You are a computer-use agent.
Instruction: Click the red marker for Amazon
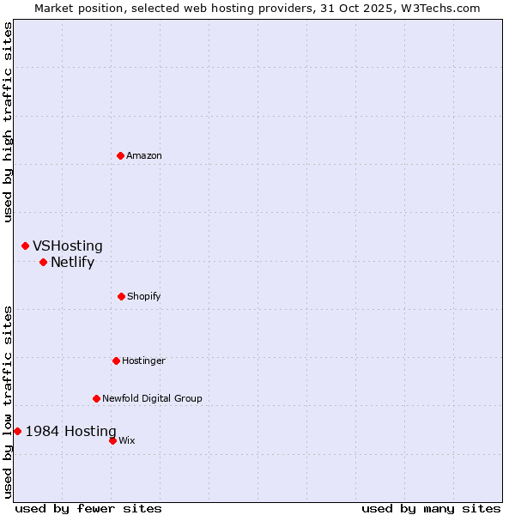point(120,155)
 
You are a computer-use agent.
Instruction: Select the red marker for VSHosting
point(25,246)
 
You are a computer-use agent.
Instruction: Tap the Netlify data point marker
point(43,262)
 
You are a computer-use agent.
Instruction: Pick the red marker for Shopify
point(121,296)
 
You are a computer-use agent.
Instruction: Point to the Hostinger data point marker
point(116,360)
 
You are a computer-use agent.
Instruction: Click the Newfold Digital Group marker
point(96,398)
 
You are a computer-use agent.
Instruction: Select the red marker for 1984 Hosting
point(17,431)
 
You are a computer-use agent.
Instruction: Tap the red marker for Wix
point(112,440)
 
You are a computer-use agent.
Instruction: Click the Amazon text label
point(144,155)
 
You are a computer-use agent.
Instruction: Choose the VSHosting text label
point(68,246)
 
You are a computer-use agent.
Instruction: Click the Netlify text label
point(72,263)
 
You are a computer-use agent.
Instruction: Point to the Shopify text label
point(144,296)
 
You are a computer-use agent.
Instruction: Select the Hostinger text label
point(143,360)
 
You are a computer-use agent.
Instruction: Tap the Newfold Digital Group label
point(152,398)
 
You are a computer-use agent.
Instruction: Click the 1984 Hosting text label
point(70,431)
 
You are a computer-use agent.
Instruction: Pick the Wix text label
point(127,440)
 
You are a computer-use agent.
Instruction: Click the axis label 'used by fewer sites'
point(88,508)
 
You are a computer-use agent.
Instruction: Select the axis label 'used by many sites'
point(431,508)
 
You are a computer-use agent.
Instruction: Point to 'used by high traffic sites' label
point(8,122)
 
